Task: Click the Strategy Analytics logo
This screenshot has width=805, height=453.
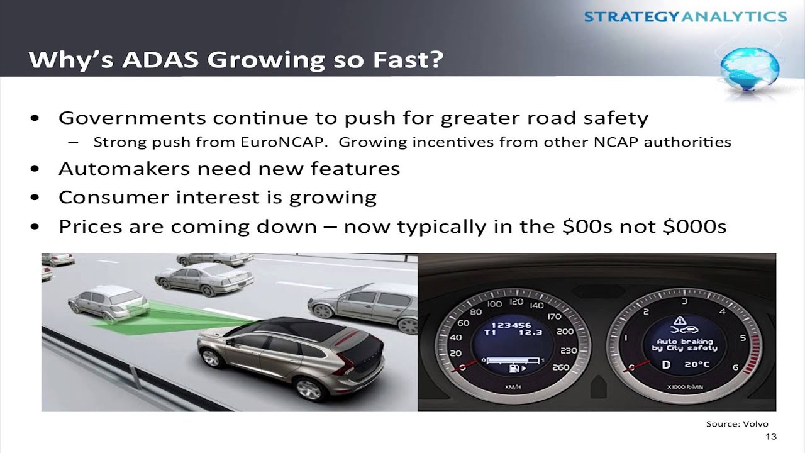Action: coord(686,16)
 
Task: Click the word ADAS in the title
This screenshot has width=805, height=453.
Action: coord(160,59)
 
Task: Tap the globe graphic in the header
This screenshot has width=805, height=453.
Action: coord(750,70)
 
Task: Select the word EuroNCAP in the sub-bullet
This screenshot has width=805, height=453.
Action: coord(284,142)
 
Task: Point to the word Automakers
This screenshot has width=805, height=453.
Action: coord(125,168)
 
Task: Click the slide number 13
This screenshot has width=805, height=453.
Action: coord(771,437)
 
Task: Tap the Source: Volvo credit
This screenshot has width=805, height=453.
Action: coord(737,424)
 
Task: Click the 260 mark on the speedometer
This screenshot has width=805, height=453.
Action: coord(560,367)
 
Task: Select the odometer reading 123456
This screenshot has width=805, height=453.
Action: coord(511,325)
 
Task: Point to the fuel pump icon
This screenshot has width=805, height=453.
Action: coord(514,368)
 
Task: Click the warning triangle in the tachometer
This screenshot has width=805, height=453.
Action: coord(680,320)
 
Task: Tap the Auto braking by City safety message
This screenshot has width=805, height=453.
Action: coord(685,345)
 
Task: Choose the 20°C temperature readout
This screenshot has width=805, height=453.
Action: coord(697,364)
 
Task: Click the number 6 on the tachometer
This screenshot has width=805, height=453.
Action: coord(735,367)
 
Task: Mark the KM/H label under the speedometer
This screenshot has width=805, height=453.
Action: coord(513,387)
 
